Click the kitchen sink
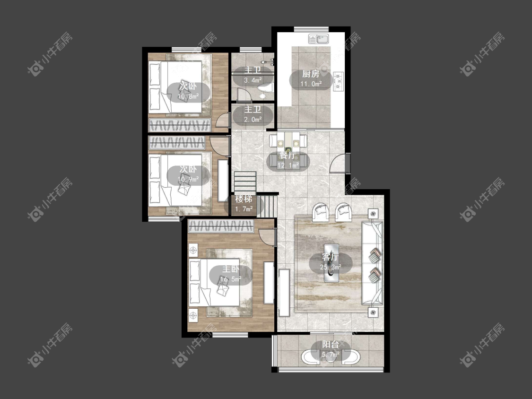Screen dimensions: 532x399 319,39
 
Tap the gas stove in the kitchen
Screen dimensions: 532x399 338,81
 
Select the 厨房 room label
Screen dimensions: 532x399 311,74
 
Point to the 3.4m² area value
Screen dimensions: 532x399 253,80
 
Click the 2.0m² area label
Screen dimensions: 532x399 253,120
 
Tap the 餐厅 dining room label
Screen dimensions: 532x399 288,156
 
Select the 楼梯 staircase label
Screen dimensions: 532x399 244,199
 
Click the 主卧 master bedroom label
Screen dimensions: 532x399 231,269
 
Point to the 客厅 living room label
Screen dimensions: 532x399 331,258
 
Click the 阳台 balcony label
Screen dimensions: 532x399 331,345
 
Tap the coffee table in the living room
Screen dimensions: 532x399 331,262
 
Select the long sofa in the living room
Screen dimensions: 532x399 372,262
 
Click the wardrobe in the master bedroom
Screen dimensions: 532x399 221,226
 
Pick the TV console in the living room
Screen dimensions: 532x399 284,293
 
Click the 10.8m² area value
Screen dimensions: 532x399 188,97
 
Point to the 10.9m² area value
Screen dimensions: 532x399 188,179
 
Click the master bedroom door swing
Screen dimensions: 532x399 267,237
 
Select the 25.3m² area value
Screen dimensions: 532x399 331,268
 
